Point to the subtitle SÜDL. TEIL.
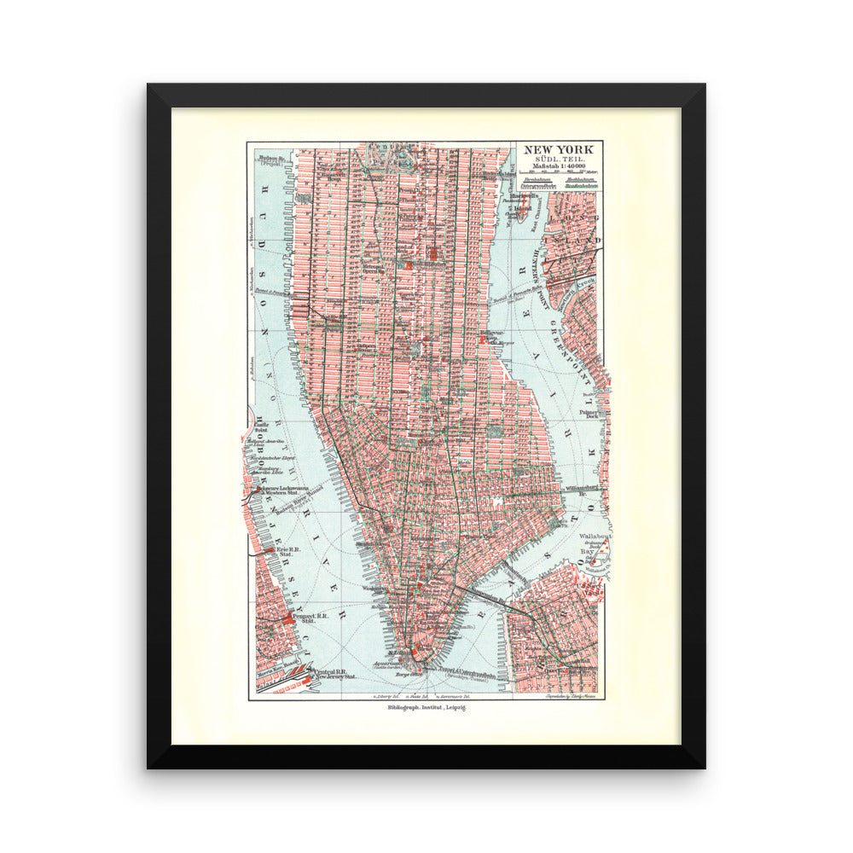pos(558,161)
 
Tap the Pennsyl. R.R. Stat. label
pos(303,618)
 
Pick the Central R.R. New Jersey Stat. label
pos(329,673)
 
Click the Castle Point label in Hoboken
pos(261,426)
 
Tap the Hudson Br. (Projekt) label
pos(270,160)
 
